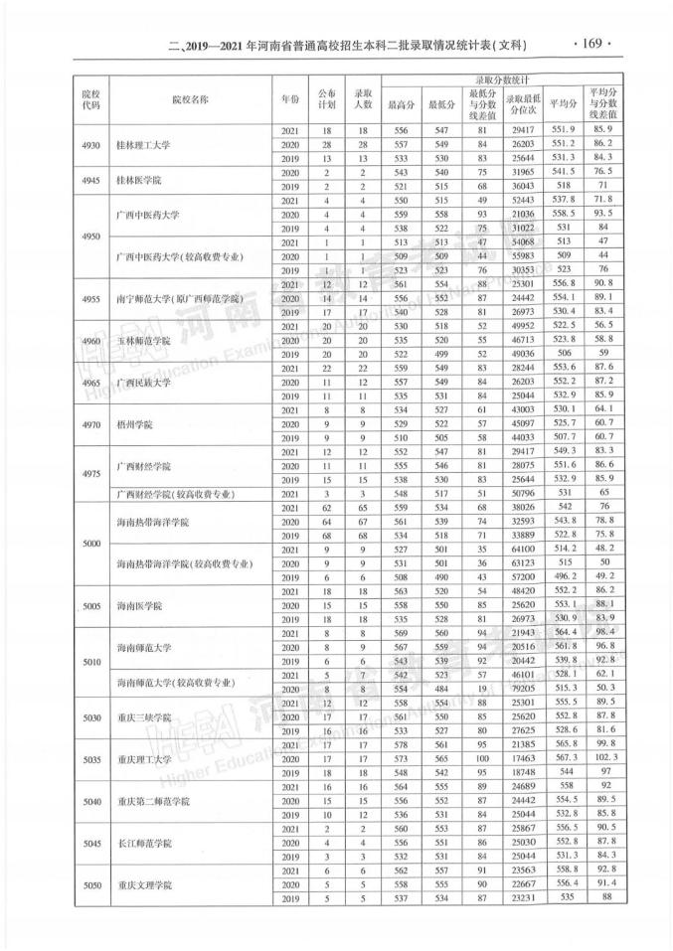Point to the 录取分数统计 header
click(498, 79)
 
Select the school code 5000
click(91, 544)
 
